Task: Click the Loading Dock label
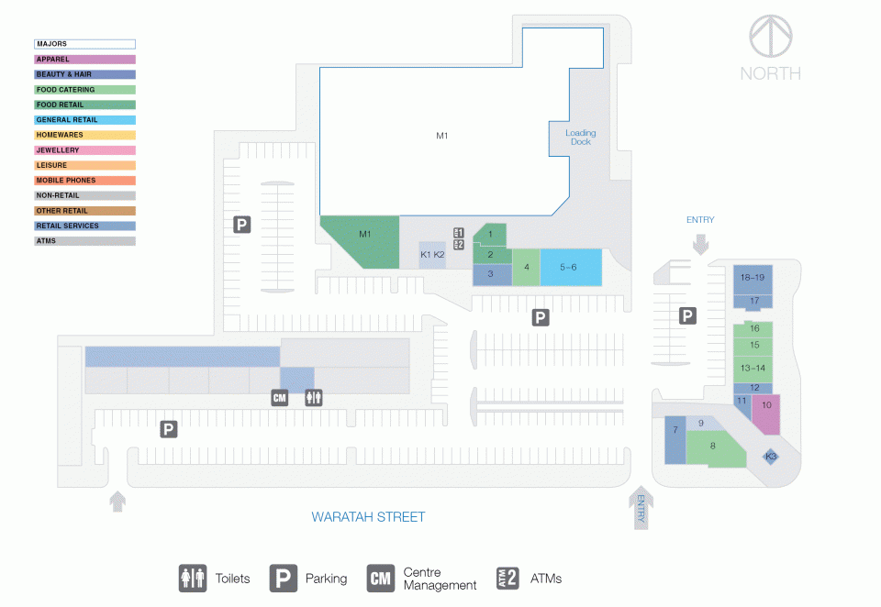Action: click(x=580, y=138)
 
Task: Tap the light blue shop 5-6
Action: click(x=571, y=268)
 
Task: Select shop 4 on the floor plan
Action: click(x=526, y=268)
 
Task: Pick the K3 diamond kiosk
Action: click(x=771, y=457)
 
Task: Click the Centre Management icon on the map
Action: click(x=279, y=398)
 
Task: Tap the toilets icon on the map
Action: click(x=314, y=398)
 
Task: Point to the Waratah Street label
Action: click(x=368, y=517)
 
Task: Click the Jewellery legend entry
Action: click(x=84, y=150)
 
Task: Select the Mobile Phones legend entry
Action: click(x=84, y=181)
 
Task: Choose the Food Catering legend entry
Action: click(x=84, y=89)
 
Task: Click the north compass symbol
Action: click(x=771, y=36)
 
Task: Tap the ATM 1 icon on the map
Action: click(x=459, y=233)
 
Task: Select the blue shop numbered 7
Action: click(x=675, y=440)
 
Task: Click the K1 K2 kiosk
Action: click(x=432, y=255)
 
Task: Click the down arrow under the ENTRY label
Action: click(x=700, y=244)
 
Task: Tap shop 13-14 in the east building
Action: click(x=753, y=369)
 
